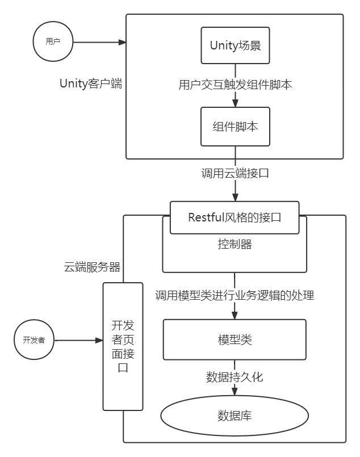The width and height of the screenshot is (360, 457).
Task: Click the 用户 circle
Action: (x=53, y=41)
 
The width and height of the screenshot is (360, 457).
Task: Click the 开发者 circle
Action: (x=34, y=340)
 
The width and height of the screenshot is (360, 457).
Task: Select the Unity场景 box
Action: (x=235, y=45)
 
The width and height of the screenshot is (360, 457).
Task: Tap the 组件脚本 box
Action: (x=235, y=127)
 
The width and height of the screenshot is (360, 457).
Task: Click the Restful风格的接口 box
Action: (x=235, y=217)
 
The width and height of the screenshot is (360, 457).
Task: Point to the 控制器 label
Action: (x=235, y=245)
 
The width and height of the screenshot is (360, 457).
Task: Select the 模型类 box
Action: (x=235, y=339)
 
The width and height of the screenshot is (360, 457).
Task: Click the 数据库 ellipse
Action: (x=235, y=416)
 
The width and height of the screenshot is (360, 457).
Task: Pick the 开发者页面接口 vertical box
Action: (x=123, y=346)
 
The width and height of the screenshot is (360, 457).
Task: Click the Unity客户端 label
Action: (x=91, y=84)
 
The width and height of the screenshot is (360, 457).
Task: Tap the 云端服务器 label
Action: (x=91, y=267)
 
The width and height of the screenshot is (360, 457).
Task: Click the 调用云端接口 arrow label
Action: (x=235, y=173)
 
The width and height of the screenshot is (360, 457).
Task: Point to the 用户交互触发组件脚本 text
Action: (x=235, y=85)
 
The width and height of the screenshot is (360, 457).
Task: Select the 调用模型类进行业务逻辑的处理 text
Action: (x=235, y=295)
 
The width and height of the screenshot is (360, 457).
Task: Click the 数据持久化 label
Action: (x=235, y=377)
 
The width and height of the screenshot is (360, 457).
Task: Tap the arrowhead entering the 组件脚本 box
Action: (x=235, y=103)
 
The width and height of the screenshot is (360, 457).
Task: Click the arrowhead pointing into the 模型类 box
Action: (x=235, y=315)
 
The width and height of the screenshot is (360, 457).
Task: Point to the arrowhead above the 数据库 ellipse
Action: (x=235, y=395)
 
